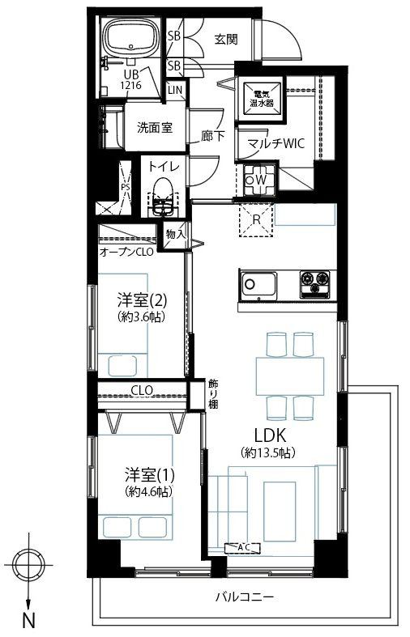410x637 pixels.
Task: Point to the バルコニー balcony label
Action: pos(244,598)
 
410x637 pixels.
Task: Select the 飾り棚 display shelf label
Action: pos(213,393)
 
